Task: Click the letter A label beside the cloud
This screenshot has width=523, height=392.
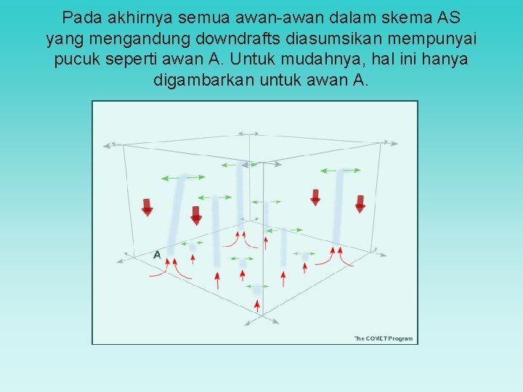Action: pos(157,255)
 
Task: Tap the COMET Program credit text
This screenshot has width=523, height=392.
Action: pos(384,338)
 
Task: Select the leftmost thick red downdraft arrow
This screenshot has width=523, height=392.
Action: pos(147,207)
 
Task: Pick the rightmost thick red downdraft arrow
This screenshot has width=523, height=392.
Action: pos(360,203)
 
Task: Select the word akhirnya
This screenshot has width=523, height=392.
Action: pos(139,17)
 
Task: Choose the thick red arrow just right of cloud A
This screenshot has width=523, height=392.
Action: pos(195,215)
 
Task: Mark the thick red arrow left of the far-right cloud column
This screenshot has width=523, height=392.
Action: pos(315,197)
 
